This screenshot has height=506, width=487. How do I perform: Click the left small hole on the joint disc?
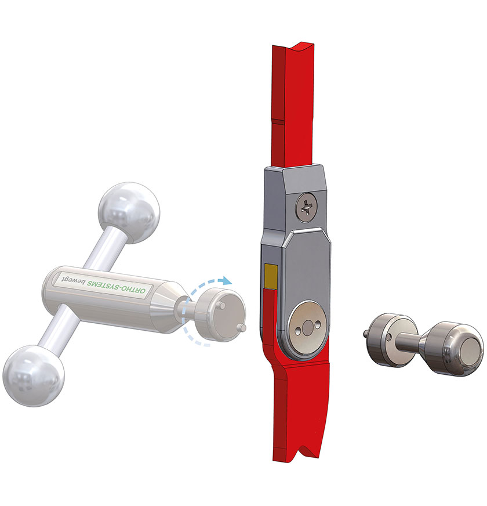point(298,330)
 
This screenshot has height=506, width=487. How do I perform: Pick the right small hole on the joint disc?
point(319,324)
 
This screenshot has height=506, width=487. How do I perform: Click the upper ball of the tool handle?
point(129,213)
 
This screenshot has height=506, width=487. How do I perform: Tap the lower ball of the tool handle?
point(34,376)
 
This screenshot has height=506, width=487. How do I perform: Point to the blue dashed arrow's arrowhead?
point(227,281)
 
